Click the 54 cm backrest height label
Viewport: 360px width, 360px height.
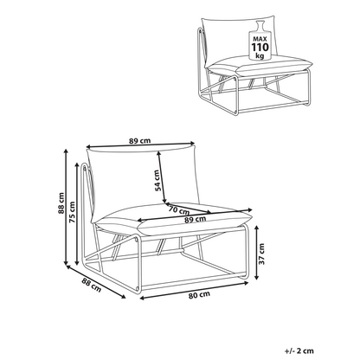pos(157,181)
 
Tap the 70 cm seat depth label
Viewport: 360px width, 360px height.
pos(179,209)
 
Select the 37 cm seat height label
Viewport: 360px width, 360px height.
pos(261,254)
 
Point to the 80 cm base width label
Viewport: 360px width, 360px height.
pos(199,294)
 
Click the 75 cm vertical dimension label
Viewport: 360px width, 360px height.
pos(72,212)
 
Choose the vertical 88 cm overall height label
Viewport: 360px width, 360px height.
pos(61,203)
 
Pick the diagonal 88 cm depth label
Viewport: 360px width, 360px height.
pos(92,285)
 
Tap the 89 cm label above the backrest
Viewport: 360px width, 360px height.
pos(139,141)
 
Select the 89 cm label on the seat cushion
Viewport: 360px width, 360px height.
pos(196,219)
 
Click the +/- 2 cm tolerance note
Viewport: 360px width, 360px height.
pos(299,351)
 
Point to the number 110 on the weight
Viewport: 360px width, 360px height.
pos(260,47)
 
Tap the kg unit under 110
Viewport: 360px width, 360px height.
pos(260,55)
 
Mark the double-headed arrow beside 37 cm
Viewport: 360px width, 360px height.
pos(257,253)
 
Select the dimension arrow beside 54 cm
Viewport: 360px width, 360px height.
pos(162,177)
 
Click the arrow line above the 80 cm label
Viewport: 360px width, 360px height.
pos(194,291)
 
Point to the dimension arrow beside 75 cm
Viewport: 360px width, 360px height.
pos(77,214)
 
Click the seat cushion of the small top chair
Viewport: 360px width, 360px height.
pos(260,66)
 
